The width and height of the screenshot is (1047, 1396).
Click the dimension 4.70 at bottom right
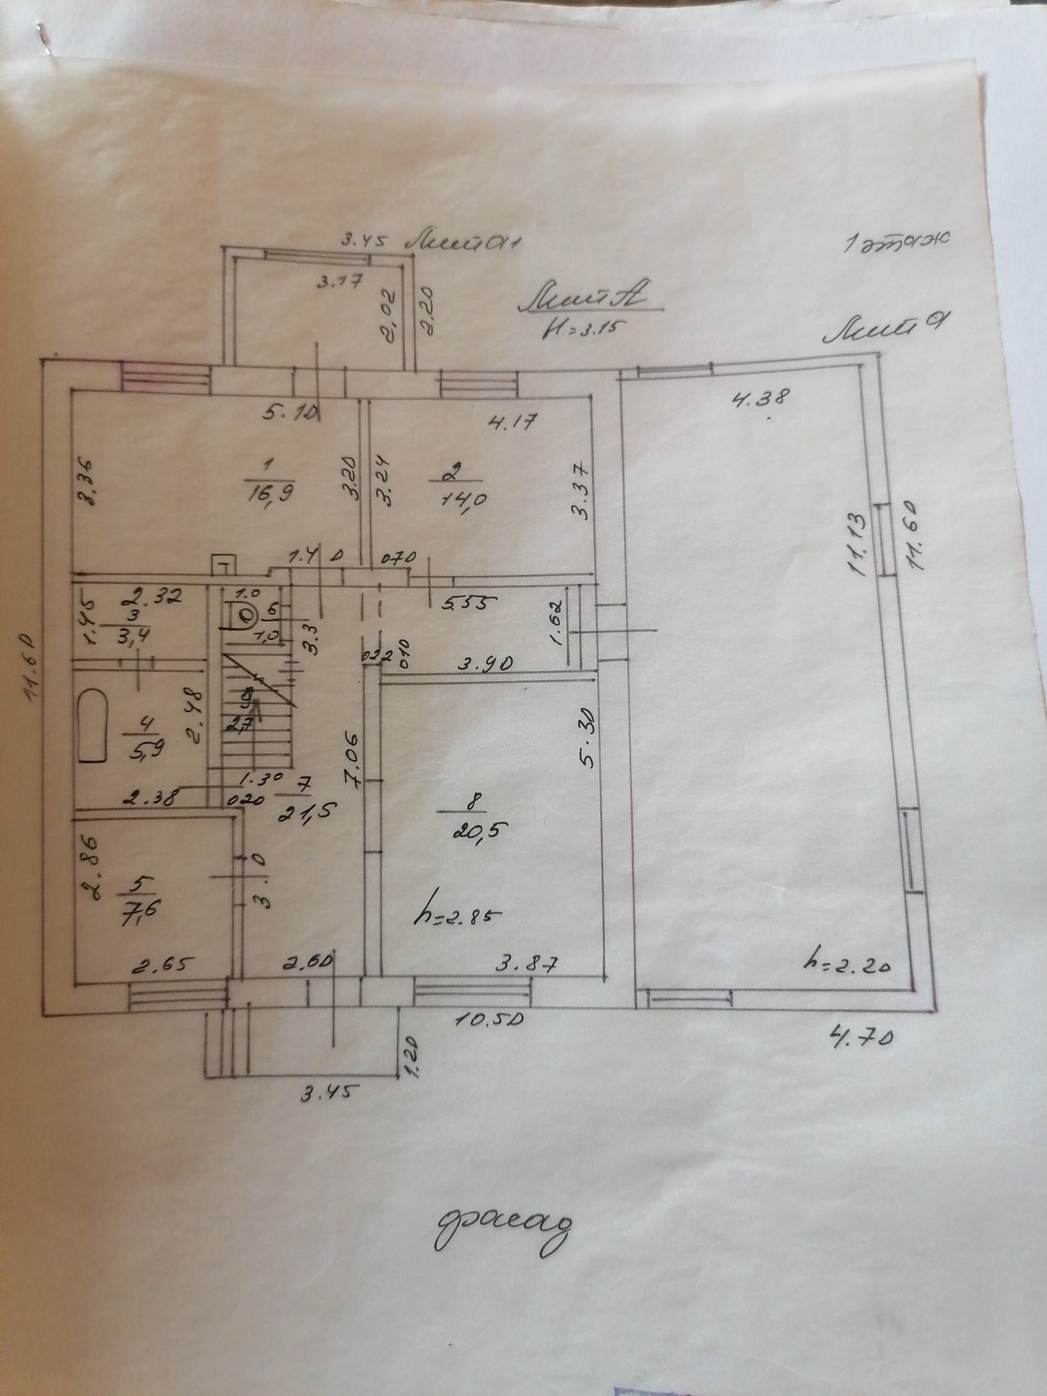click(x=859, y=1038)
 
